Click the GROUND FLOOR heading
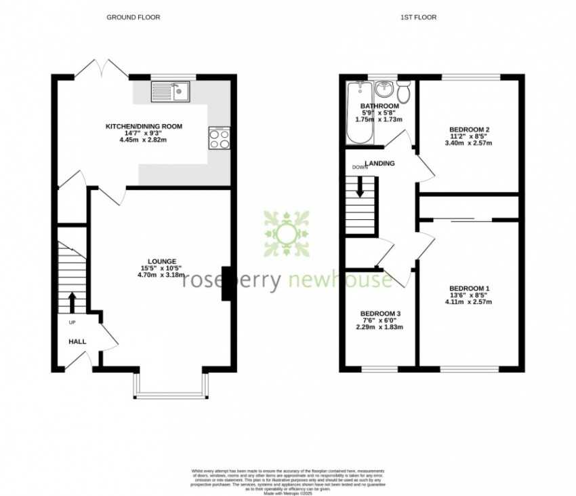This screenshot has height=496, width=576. [x=133, y=17]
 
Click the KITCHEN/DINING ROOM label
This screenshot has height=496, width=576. [x=144, y=126]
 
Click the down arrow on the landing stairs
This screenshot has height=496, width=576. [x=360, y=186]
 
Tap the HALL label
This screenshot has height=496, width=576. [x=77, y=341]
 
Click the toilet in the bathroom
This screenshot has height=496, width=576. [x=405, y=92]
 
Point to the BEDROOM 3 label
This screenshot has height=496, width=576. [x=380, y=313]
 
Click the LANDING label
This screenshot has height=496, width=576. [x=379, y=164]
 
